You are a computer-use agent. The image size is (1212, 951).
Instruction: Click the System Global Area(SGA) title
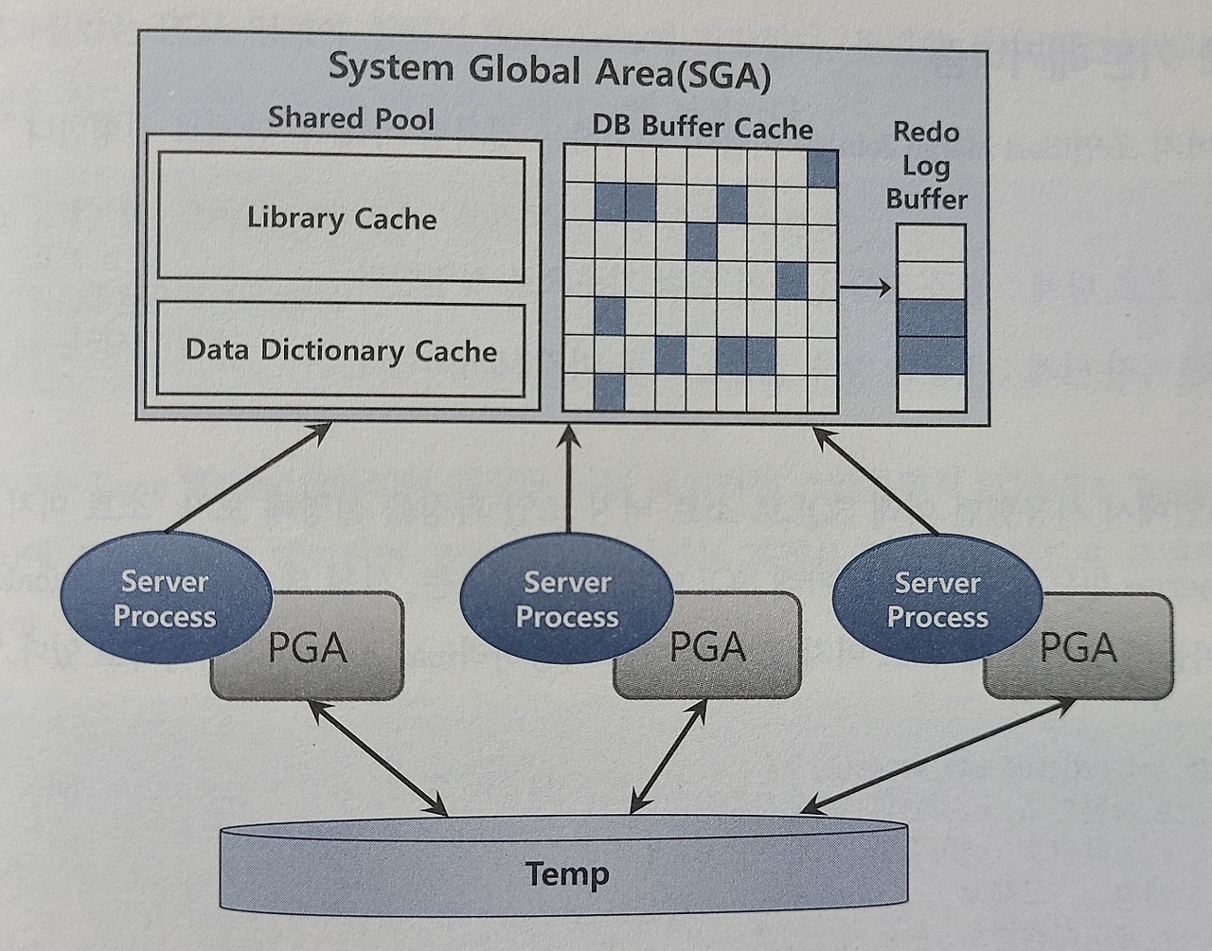549,72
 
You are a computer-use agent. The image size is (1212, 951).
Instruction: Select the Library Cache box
341,219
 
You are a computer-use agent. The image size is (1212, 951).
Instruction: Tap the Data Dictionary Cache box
341,350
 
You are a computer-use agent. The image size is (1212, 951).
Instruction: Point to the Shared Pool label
351,118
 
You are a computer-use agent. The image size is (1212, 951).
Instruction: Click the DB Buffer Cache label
703,127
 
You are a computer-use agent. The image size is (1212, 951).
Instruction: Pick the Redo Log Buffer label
927,166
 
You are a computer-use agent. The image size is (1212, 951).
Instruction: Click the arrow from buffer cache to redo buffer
865,287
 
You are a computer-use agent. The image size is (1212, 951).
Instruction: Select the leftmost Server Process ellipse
165,599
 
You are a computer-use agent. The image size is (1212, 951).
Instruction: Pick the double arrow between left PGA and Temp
378,757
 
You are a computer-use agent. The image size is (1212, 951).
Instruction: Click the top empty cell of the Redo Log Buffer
931,243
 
